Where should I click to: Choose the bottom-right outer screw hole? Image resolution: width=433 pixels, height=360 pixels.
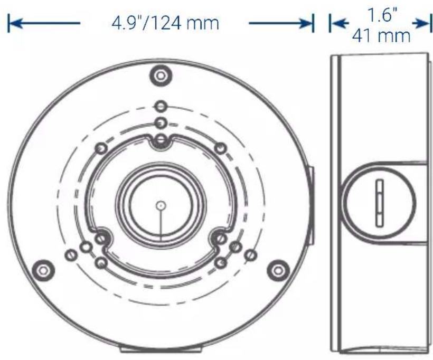click(276, 270)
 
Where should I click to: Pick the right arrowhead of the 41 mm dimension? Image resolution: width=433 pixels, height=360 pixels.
click(422, 23)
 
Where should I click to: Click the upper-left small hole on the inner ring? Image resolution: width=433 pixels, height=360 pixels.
click(99, 149)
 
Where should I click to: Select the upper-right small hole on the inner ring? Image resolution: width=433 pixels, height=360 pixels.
click(222, 149)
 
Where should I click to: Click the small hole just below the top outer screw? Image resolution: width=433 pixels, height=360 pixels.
click(160, 106)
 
